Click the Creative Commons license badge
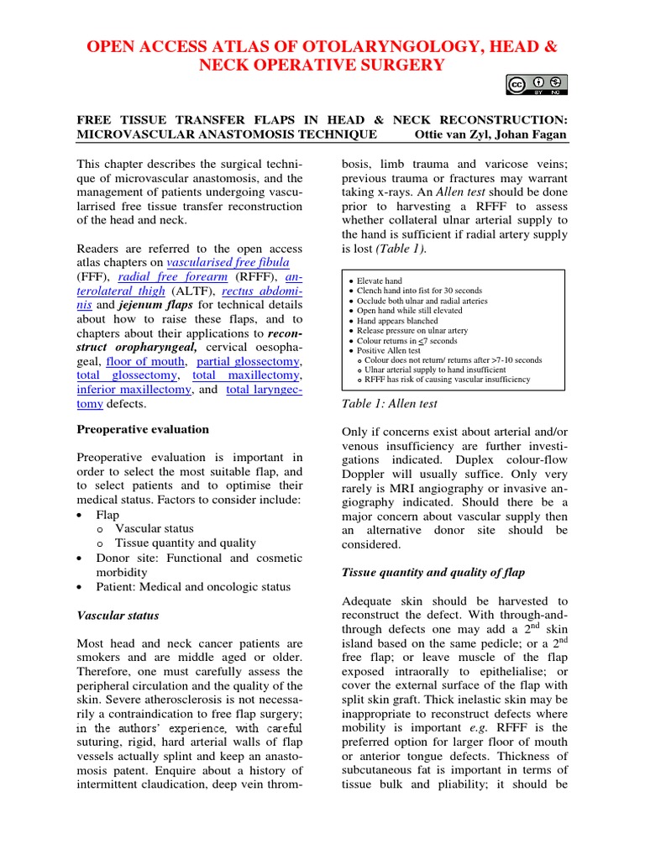pyautogui.click(x=537, y=85)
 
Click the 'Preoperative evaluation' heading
pyautogui.click(x=143, y=429)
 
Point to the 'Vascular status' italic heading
pyautogui.click(x=118, y=616)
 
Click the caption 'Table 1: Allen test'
pyautogui.click(x=389, y=404)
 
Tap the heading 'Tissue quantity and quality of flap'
pyautogui.click(x=433, y=573)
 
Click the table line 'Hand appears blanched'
pyautogui.click(x=399, y=320)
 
